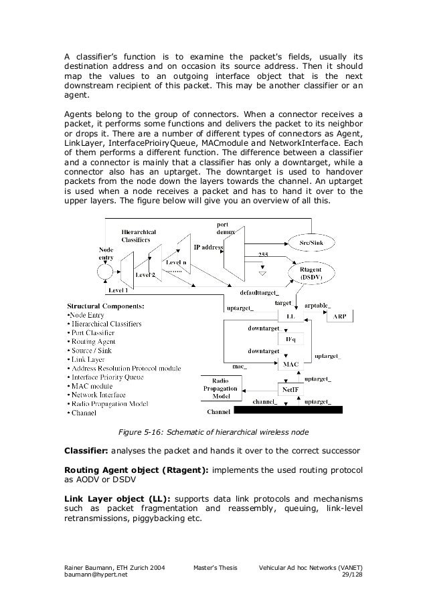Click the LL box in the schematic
(290, 315)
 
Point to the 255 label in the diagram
(264, 255)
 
